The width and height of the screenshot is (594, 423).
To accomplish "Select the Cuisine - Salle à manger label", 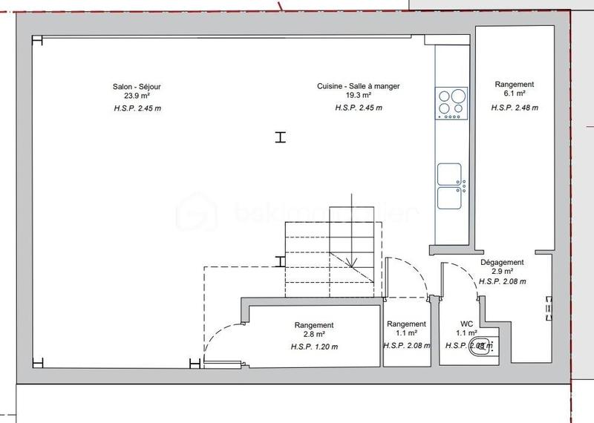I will [x=359, y=87].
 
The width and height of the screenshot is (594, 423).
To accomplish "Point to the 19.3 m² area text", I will [x=359, y=96].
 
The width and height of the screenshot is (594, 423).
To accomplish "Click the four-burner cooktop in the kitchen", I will [x=451, y=103].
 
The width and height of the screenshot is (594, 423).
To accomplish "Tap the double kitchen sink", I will [x=451, y=186].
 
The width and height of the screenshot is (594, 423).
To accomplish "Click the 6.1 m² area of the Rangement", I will [x=515, y=95].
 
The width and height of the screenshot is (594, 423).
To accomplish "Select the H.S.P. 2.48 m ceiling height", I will [x=515, y=108].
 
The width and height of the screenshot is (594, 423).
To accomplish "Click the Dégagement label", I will [x=503, y=263].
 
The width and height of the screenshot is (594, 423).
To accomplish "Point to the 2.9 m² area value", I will [x=503, y=272].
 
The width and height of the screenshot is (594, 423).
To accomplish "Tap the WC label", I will [x=467, y=324].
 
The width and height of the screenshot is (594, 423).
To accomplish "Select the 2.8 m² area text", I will [x=314, y=335].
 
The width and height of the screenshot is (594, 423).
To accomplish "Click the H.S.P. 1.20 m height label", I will [x=314, y=347].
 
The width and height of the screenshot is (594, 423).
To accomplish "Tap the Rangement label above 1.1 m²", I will [x=406, y=324].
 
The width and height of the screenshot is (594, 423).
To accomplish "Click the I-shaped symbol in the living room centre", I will [x=280, y=137].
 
